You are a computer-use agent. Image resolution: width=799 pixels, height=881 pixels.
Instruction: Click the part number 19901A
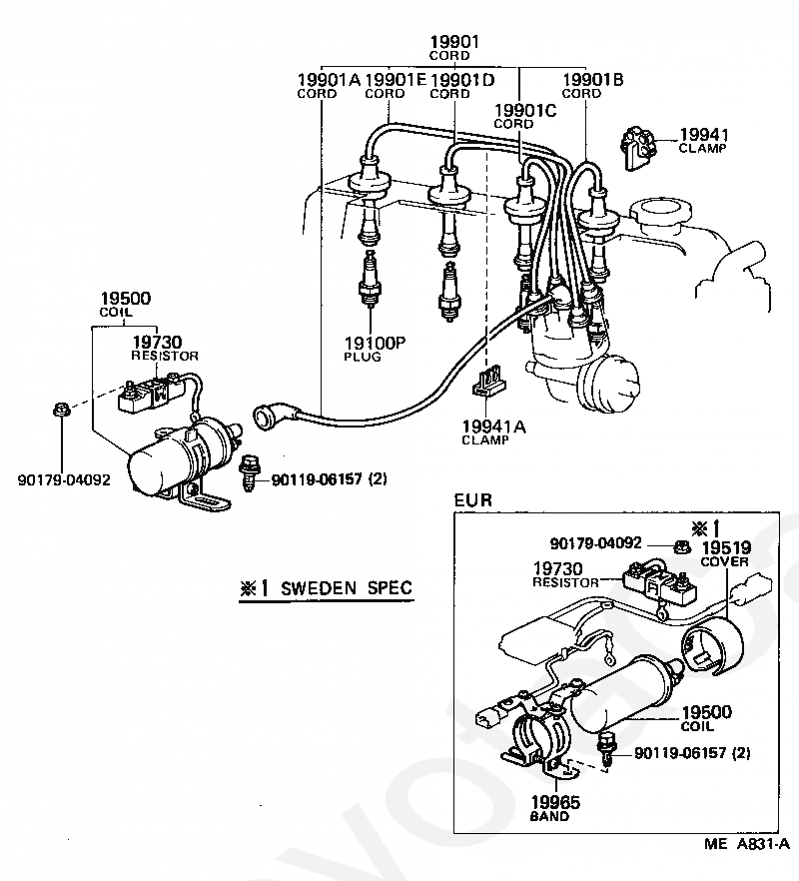329,80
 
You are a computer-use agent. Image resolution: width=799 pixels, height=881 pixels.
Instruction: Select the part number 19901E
397,80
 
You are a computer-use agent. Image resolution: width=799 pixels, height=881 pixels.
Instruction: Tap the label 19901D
462,80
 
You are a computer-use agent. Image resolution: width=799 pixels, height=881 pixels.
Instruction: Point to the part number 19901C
524,110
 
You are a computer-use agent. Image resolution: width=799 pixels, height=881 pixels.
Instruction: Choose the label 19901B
593,80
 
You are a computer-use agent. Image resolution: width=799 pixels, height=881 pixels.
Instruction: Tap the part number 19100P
375,343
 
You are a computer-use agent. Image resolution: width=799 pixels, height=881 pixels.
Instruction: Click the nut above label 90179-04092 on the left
61,411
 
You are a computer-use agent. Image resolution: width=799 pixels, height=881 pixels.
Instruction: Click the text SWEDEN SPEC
347,588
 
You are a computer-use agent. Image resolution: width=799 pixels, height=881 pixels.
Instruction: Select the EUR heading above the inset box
472,500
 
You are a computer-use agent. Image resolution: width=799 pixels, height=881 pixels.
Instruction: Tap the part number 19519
725,547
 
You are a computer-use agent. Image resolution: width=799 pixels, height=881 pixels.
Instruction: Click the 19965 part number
555,802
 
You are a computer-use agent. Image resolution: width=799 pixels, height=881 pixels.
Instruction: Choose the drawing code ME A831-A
747,844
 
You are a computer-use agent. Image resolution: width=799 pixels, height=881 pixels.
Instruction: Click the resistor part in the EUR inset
660,586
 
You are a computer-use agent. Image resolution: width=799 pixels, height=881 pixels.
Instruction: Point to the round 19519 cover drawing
711,645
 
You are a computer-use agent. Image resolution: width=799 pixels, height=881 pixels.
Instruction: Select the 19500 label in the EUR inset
706,712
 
